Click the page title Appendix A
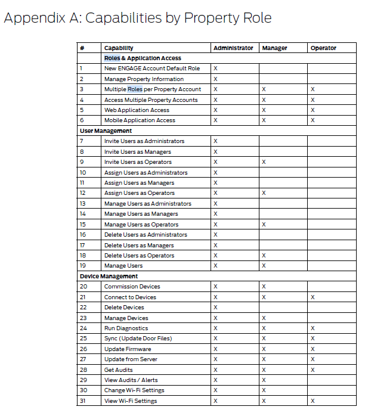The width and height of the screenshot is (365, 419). [137, 18]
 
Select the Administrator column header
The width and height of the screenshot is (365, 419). [233, 48]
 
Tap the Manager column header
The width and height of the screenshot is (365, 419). [274, 48]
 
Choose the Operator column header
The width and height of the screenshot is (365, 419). [323, 48]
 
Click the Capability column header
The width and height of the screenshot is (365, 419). [119, 48]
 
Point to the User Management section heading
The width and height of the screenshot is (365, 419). [106, 131]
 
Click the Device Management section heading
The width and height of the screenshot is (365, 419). [109, 276]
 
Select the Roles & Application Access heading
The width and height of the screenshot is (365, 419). [143, 58]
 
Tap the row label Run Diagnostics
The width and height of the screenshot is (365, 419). [126, 328]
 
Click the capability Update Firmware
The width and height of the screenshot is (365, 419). [128, 349]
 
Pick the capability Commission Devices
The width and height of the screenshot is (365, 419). [132, 286]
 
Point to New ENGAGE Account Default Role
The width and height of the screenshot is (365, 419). [152, 69]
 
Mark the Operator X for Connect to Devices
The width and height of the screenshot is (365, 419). [313, 297]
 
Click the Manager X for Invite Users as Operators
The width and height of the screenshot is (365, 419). [264, 162]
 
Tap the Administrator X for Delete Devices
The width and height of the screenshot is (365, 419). [215, 307]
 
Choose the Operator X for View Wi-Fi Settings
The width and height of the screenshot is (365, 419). [313, 401]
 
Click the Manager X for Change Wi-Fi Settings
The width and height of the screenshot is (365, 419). [264, 390]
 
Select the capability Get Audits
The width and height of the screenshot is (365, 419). [119, 370]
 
